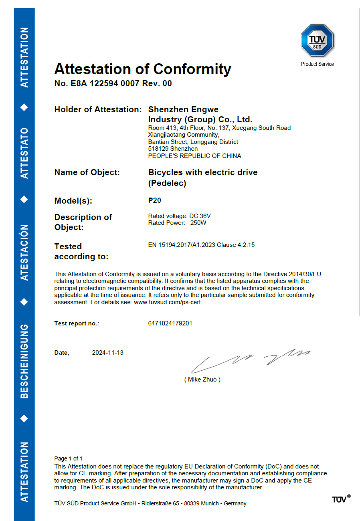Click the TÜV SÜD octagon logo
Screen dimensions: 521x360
click(x=317, y=40)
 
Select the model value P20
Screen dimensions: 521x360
click(x=155, y=200)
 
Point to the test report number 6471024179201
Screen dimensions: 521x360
click(x=170, y=323)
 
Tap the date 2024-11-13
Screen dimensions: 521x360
click(x=108, y=353)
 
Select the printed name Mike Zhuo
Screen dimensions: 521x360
click(x=202, y=379)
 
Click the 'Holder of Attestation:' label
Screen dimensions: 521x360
click(x=98, y=109)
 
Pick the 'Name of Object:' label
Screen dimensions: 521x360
click(x=87, y=172)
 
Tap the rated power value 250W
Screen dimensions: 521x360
click(x=198, y=223)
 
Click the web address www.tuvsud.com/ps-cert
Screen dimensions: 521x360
click(x=167, y=302)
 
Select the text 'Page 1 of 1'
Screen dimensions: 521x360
click(x=69, y=458)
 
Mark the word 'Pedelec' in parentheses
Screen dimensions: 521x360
click(x=167, y=183)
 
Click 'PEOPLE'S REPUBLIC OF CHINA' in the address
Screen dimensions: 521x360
click(x=194, y=155)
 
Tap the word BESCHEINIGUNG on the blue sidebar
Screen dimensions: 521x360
click(x=24, y=361)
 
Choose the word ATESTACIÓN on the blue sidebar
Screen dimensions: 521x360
click(x=24, y=252)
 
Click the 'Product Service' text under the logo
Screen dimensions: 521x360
click(x=317, y=64)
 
